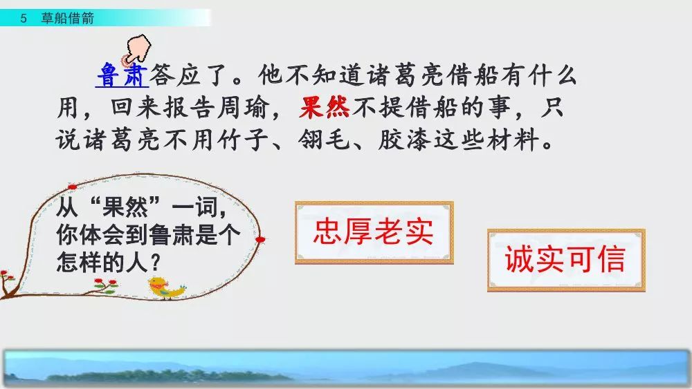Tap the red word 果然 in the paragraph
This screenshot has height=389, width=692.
pyautogui.click(x=325, y=108)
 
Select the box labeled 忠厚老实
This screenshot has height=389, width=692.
pyautogui.click(x=374, y=233)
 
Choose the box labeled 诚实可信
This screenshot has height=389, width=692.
pyautogui.click(x=565, y=260)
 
